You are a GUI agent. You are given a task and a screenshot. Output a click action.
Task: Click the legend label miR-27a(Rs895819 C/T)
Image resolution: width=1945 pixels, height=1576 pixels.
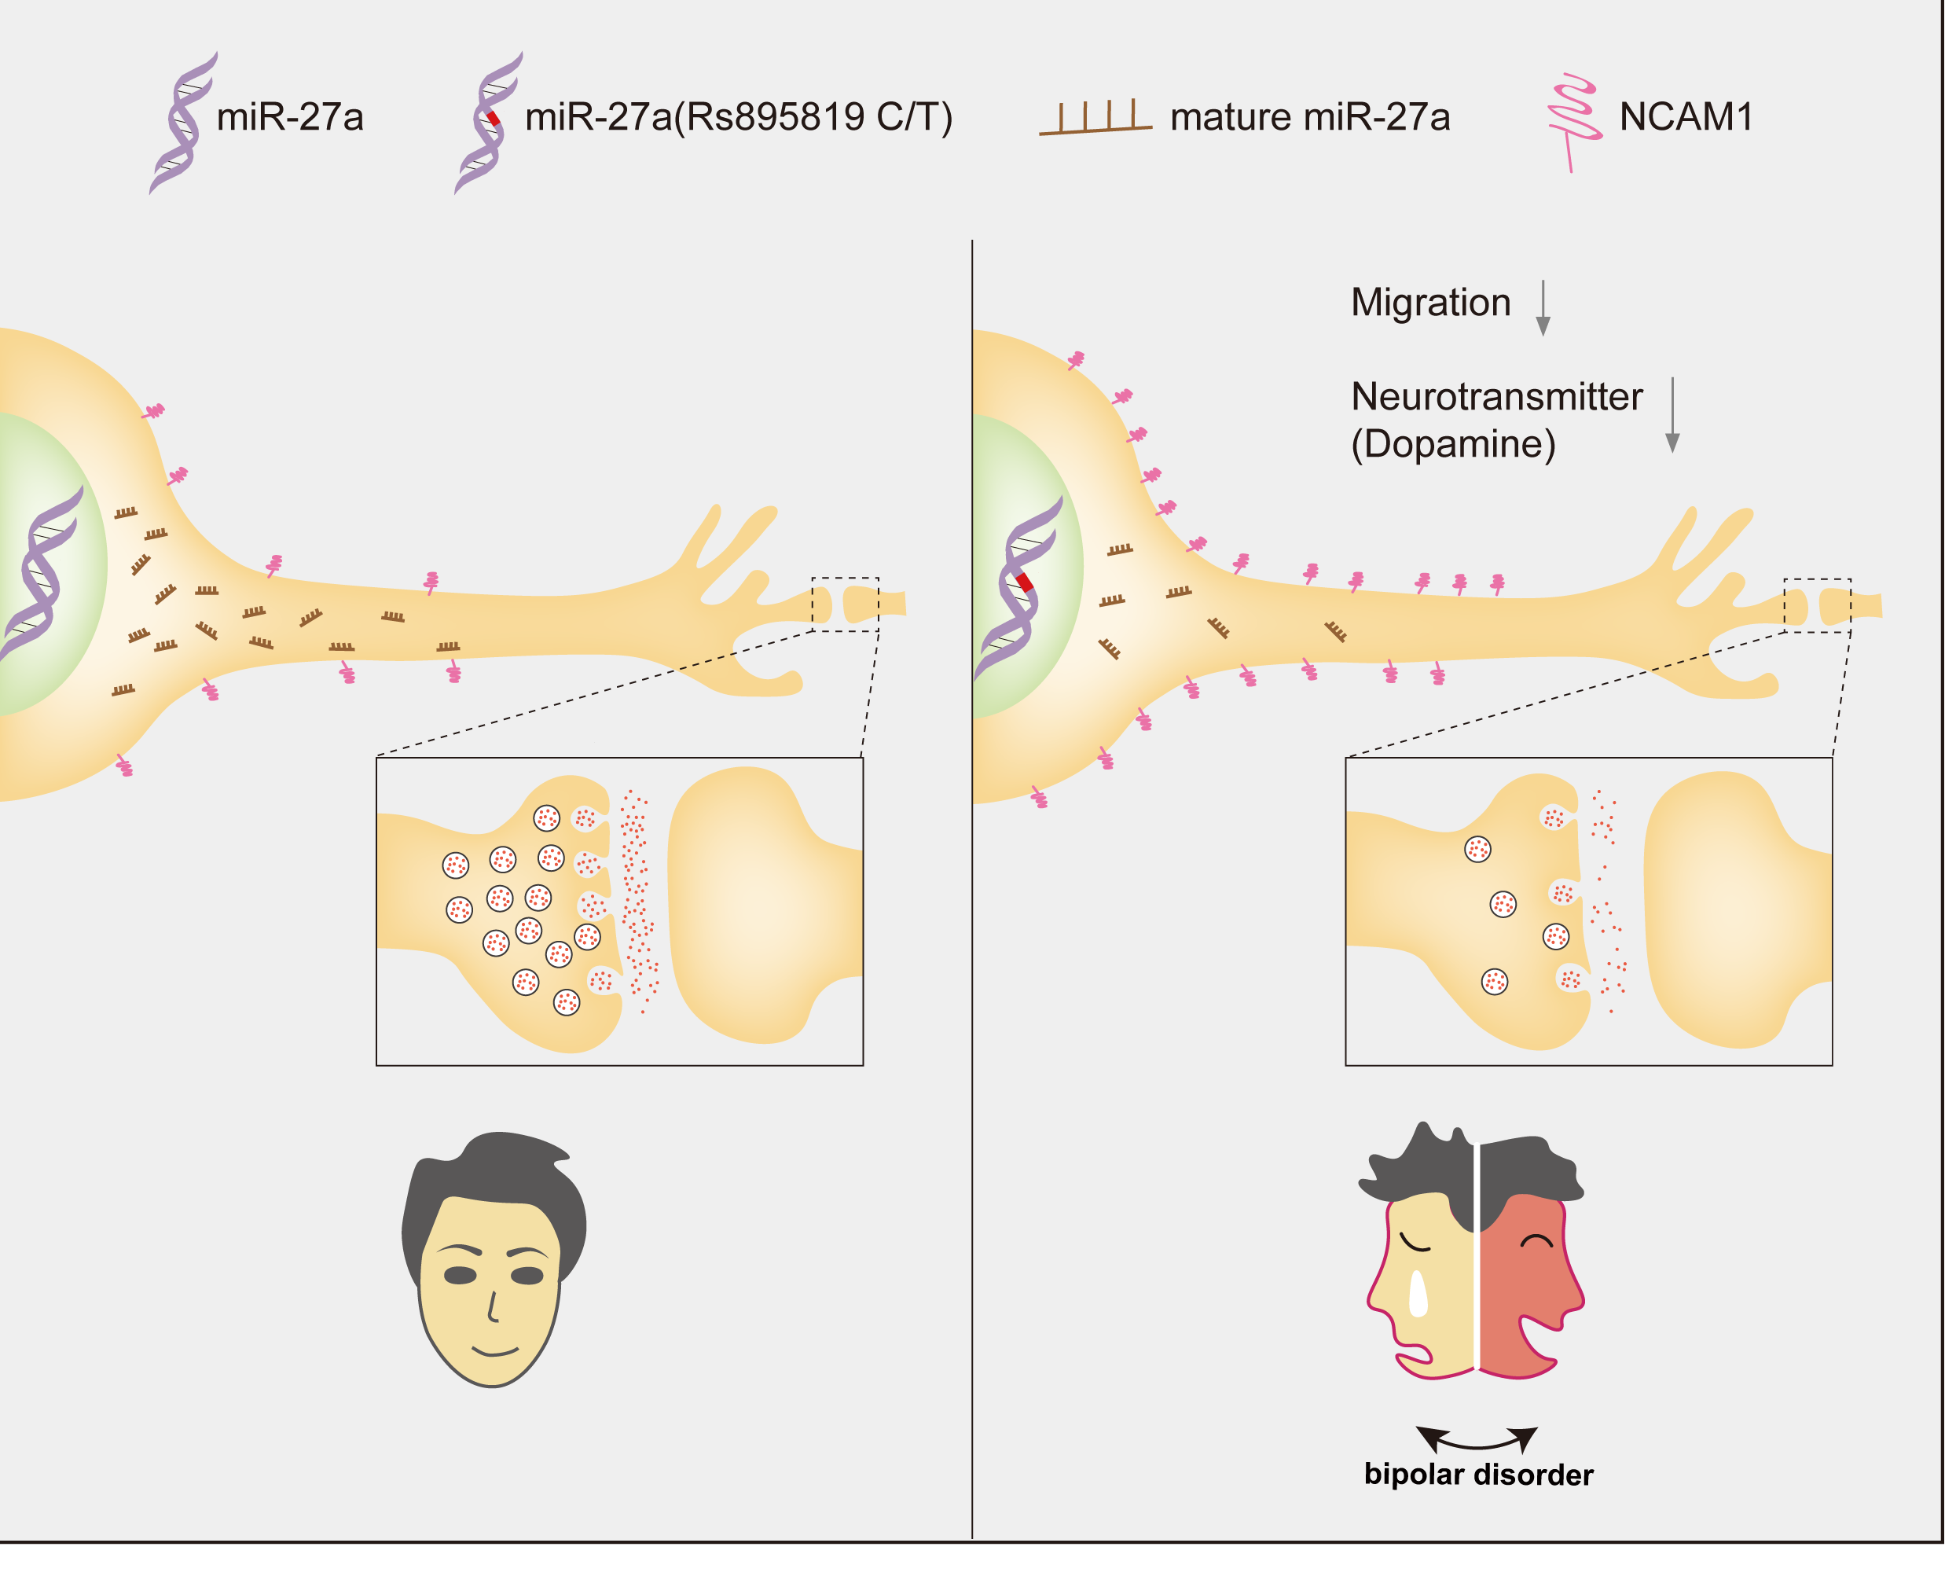[x=737, y=117]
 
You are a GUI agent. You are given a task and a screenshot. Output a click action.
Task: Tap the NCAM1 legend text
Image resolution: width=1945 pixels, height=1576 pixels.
[x=1685, y=117]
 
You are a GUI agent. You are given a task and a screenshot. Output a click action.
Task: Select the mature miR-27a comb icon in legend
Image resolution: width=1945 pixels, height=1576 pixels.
[x=1095, y=119]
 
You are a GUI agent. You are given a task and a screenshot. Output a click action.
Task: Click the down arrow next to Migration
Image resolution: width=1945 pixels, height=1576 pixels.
[x=1542, y=309]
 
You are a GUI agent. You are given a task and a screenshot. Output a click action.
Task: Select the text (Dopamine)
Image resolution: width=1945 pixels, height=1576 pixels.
[x=1452, y=444]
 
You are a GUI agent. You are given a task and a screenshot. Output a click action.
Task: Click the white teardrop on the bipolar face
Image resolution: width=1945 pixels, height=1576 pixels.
[x=1417, y=1294]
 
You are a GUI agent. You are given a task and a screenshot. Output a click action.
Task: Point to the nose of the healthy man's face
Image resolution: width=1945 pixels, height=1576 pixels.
[x=492, y=1307]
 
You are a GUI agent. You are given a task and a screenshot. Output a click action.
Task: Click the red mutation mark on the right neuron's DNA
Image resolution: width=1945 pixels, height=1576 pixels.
[x=1025, y=582]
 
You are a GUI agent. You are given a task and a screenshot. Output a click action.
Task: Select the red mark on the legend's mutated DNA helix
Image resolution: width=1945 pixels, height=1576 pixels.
[x=493, y=118]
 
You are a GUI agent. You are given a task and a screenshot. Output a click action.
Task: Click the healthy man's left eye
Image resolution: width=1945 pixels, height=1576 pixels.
[x=461, y=1276]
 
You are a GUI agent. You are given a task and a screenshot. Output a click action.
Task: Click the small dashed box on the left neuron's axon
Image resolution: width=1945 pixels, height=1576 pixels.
[x=845, y=604]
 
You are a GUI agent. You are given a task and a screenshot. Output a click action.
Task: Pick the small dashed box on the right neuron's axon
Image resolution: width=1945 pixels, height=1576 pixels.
[x=1817, y=604]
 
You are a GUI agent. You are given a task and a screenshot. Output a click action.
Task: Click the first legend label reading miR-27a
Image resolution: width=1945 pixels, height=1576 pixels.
[x=289, y=117]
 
